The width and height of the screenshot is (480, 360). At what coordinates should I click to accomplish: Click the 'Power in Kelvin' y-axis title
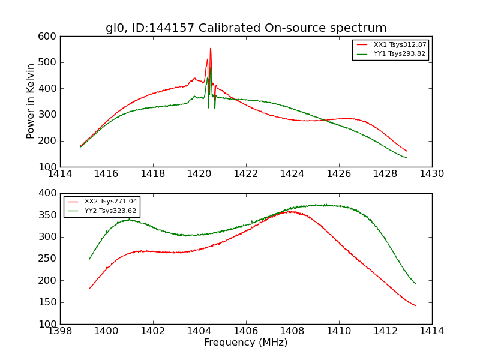click(31, 101)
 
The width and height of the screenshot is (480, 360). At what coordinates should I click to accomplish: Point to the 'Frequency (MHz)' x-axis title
click(246, 343)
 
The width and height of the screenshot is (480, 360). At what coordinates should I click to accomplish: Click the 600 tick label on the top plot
click(50, 37)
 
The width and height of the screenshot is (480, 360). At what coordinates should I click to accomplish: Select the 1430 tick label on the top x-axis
click(431, 174)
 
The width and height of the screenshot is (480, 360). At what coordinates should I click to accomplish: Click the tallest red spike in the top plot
click(211, 49)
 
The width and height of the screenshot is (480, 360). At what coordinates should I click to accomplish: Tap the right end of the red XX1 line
click(407, 151)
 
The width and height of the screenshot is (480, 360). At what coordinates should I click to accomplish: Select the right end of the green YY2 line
click(415, 283)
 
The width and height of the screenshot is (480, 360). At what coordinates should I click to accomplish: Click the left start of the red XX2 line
click(89, 289)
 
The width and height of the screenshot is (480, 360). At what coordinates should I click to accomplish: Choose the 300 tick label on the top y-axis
click(50, 115)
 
